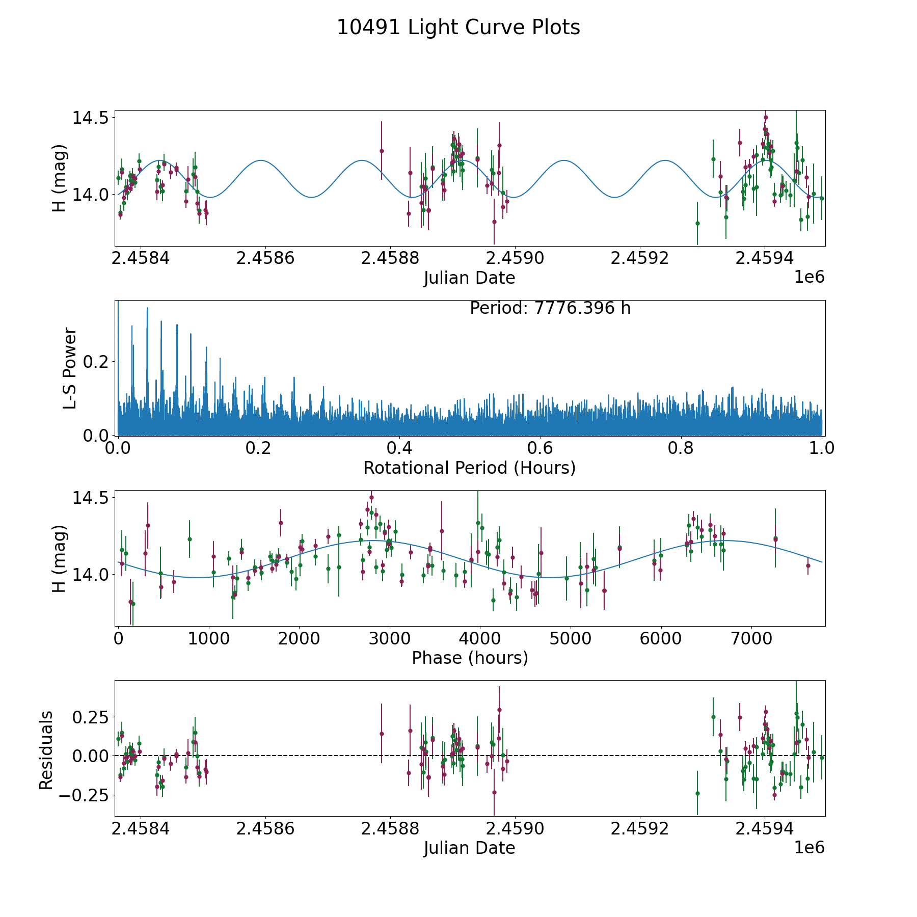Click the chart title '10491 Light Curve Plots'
pyautogui.click(x=459, y=28)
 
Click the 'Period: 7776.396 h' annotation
pyautogui.click(x=550, y=308)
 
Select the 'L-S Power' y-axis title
pyautogui.click(x=70, y=368)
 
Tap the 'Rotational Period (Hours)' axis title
pyautogui.click(x=470, y=468)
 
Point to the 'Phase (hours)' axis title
pyautogui.click(x=470, y=658)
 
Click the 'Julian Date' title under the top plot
pyautogui.click(x=470, y=278)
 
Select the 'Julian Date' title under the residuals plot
pyautogui.click(x=470, y=848)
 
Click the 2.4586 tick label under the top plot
pyautogui.click(x=265, y=258)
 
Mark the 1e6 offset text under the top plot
pyautogui.click(x=810, y=277)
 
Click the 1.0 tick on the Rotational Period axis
pyautogui.click(x=822, y=448)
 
